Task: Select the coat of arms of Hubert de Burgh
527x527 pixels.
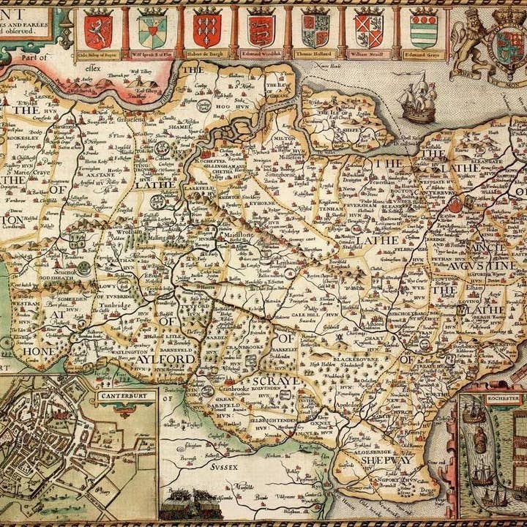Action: [x=207, y=30]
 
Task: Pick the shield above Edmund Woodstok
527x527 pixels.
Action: [x=260, y=30]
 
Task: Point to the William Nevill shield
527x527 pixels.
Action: [x=368, y=30]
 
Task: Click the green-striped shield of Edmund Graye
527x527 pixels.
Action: [x=423, y=30]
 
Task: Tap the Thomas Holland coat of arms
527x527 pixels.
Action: [x=315, y=30]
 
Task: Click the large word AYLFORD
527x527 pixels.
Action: [x=170, y=360]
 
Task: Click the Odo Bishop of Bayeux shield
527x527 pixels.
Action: [x=97, y=30]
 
